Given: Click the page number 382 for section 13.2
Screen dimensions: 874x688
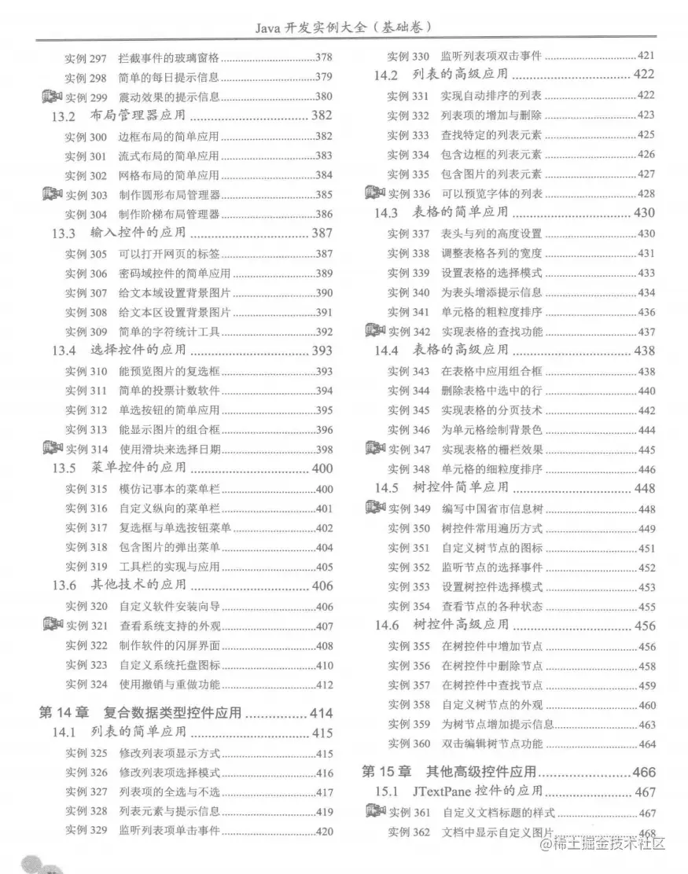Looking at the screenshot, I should click(x=322, y=116).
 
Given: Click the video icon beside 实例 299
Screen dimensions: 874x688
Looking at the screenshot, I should click(x=51, y=97).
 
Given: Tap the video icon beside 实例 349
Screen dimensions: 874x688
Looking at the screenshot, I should click(x=375, y=508).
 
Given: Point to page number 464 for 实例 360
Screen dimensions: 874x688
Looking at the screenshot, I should click(x=647, y=744).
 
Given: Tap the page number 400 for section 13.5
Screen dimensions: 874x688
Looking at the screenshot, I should click(x=322, y=468).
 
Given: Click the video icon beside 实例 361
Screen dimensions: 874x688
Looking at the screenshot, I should click(x=375, y=812).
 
